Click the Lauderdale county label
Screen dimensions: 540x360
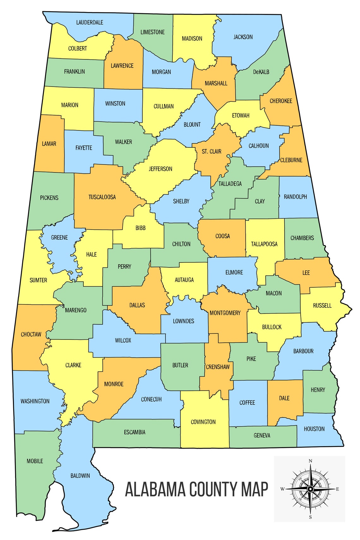(x=90, y=22)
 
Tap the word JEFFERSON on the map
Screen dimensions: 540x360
(x=160, y=169)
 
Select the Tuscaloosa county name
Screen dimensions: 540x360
(x=102, y=197)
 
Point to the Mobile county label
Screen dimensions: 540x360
(x=35, y=461)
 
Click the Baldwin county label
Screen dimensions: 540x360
(x=80, y=476)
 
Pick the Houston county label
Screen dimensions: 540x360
(x=314, y=429)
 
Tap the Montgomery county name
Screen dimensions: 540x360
(x=225, y=313)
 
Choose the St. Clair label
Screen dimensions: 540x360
(x=212, y=152)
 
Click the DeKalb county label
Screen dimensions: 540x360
(x=261, y=72)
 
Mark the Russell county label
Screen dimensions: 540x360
(x=322, y=305)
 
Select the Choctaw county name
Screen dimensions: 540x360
(x=31, y=334)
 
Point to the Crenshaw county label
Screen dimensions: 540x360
(x=218, y=367)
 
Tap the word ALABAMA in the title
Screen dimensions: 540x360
(x=155, y=489)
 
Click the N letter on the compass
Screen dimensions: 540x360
(x=310, y=461)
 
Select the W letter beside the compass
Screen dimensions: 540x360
(x=282, y=489)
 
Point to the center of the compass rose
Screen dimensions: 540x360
(x=310, y=489)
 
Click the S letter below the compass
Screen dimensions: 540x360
(x=310, y=517)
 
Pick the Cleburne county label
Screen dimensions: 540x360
(x=291, y=160)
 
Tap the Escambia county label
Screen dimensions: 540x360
(x=135, y=432)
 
